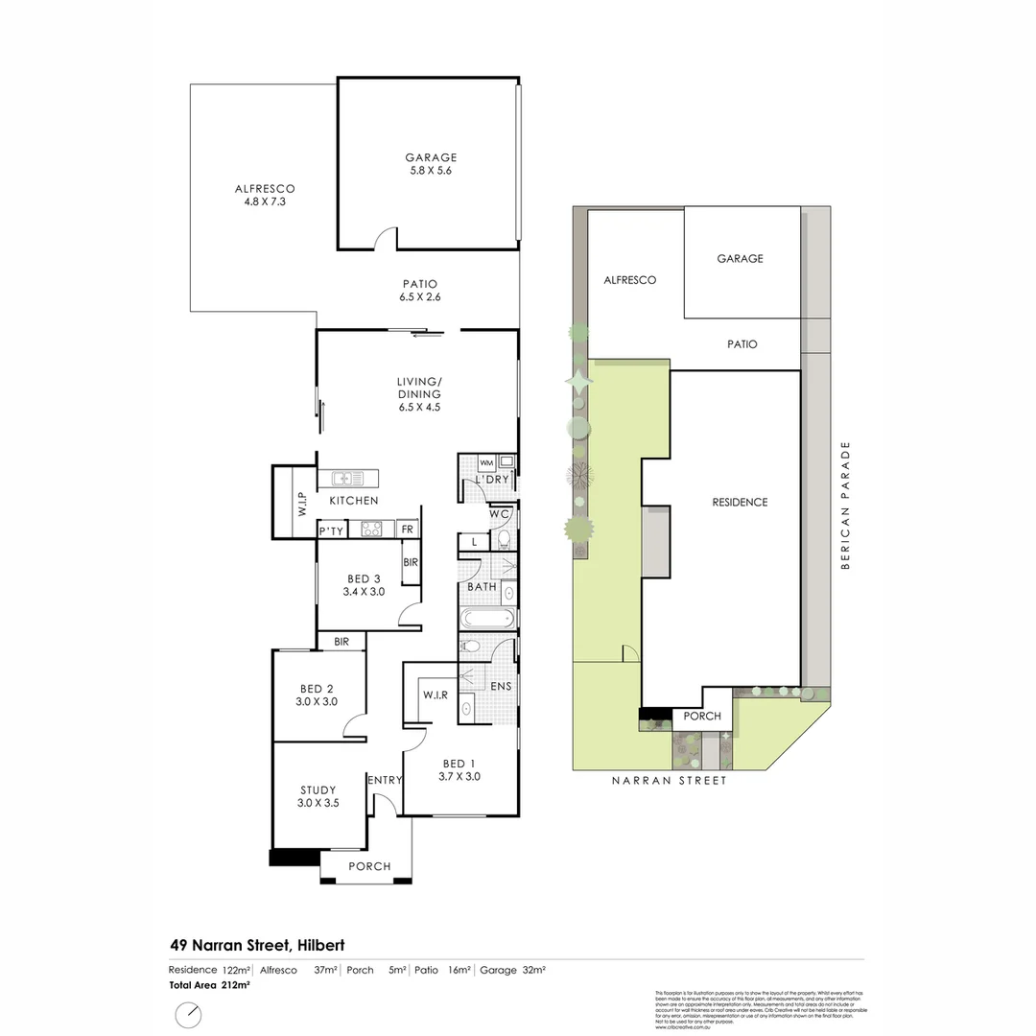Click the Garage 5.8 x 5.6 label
point(431,164)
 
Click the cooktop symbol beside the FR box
point(370,529)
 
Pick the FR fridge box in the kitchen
point(407,529)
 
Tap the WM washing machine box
point(485,464)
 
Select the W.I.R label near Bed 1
point(435,695)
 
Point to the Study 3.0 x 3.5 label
point(318,797)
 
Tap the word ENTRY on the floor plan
point(384,780)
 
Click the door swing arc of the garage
point(385,237)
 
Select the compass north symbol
point(190,1014)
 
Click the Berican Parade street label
point(845,506)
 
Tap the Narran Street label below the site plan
point(670,781)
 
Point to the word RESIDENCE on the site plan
point(740,502)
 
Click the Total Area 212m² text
point(210,985)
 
